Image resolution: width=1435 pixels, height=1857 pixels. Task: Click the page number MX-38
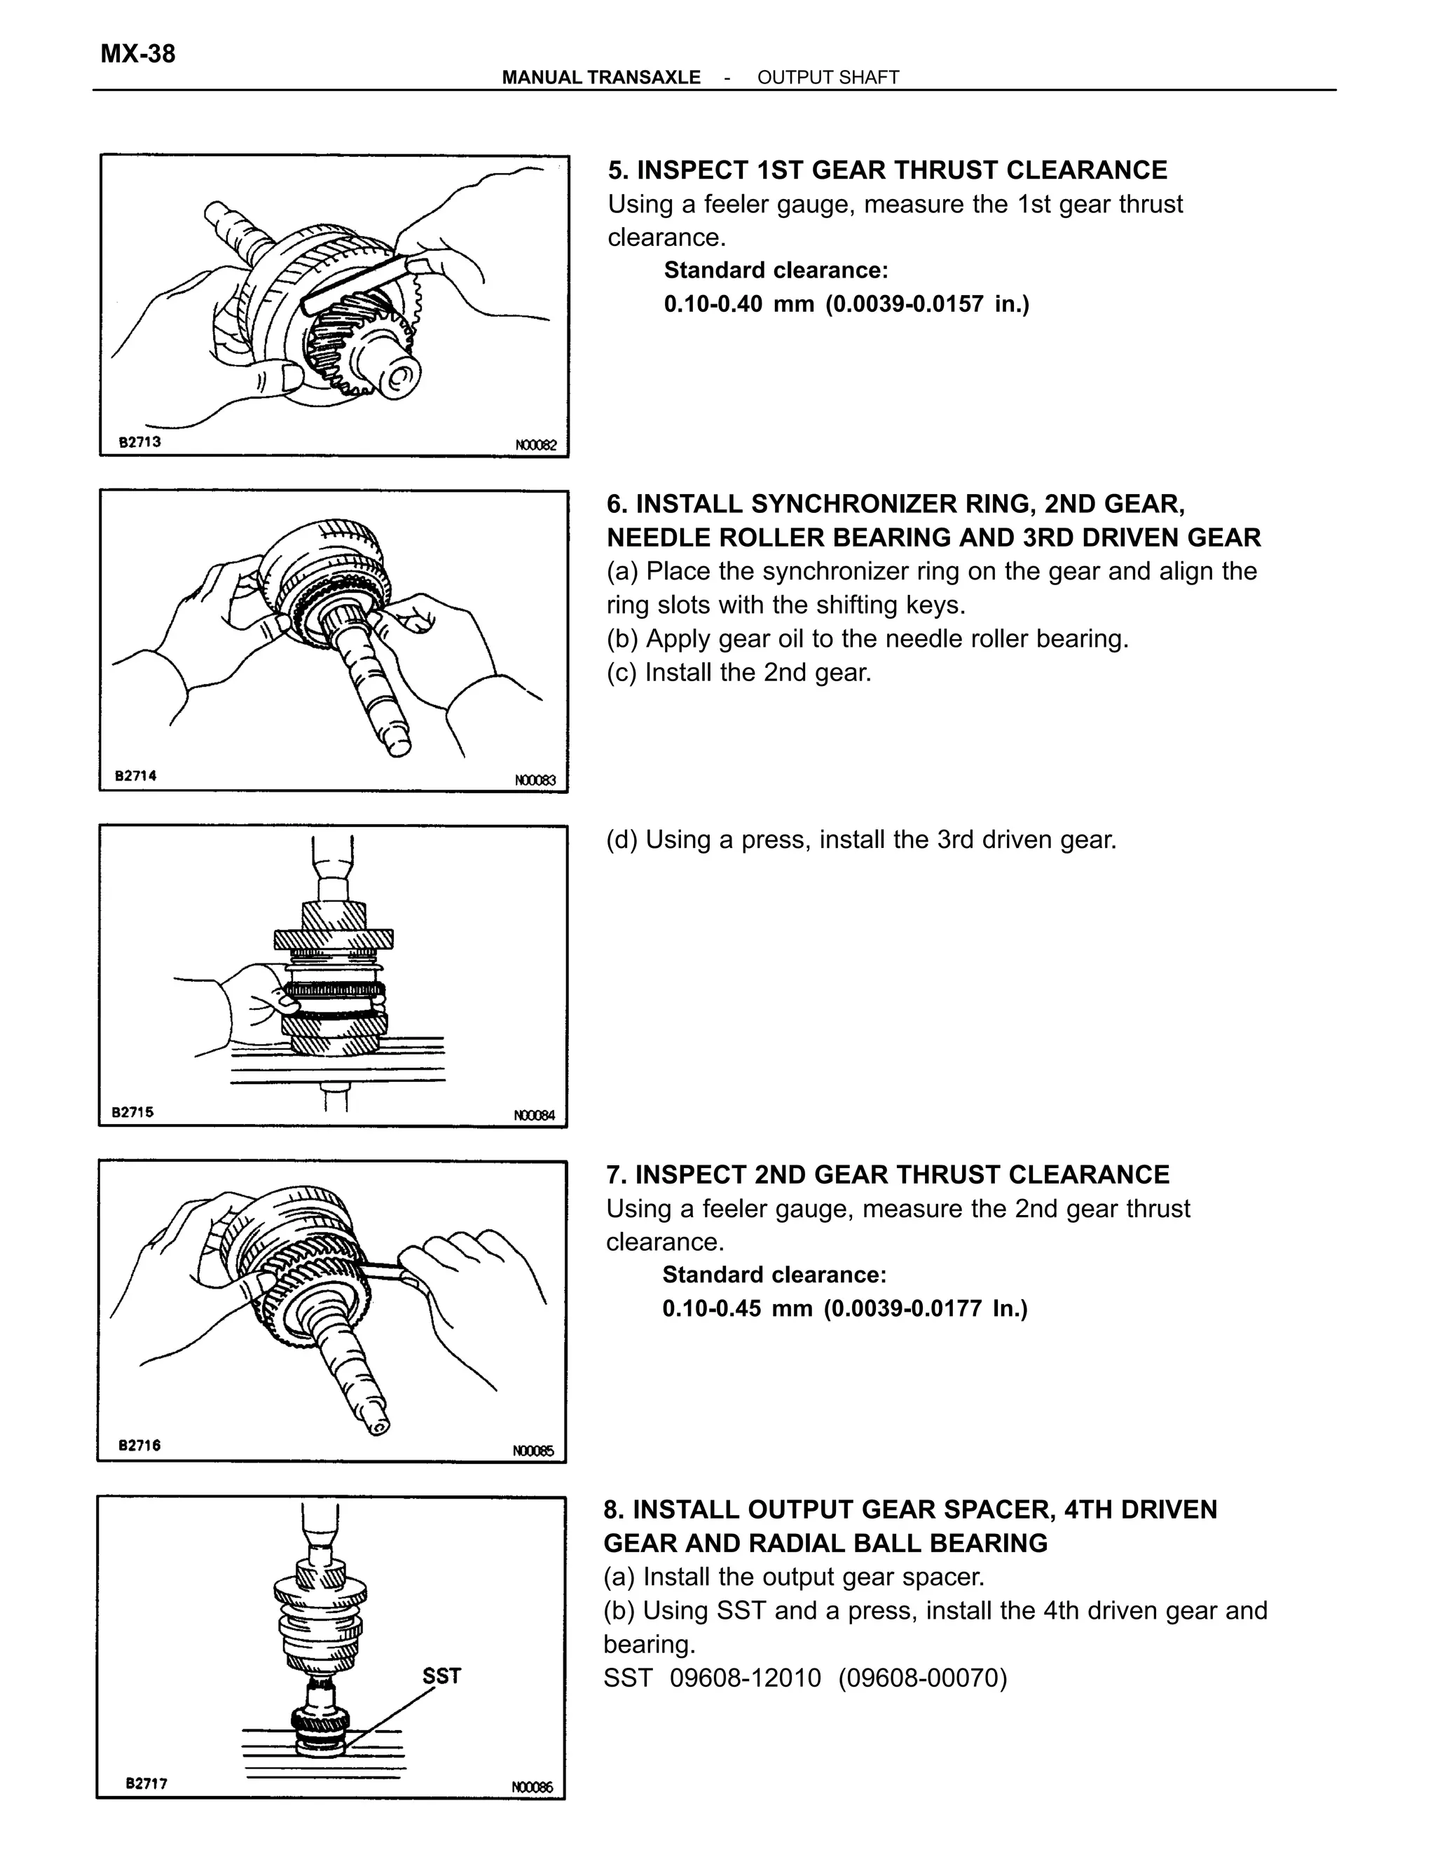pyautogui.click(x=138, y=53)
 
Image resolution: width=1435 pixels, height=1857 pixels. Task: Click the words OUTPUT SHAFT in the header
pyautogui.click(x=828, y=77)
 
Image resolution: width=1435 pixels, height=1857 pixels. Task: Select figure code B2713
pyautogui.click(x=139, y=442)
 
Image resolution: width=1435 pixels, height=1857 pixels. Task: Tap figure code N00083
pyautogui.click(x=535, y=780)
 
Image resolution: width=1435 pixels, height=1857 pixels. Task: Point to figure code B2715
pyautogui.click(x=133, y=1111)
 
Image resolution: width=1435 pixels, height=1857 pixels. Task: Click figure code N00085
pyautogui.click(x=533, y=1451)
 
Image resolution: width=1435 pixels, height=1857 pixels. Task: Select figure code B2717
pyautogui.click(x=146, y=1783)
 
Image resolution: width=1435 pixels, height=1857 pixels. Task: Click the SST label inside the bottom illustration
pyautogui.click(x=441, y=1676)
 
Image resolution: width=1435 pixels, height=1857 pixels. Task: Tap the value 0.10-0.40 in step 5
pyautogui.click(x=713, y=303)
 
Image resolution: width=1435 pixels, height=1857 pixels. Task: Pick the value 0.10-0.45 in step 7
pyautogui.click(x=712, y=1308)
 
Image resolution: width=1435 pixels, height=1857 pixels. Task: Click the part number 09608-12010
pyautogui.click(x=746, y=1678)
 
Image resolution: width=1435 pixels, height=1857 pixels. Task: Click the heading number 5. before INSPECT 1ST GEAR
pyautogui.click(x=617, y=170)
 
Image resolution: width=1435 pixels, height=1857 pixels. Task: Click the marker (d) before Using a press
pyautogui.click(x=622, y=840)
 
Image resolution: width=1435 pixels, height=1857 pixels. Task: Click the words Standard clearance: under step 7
pyautogui.click(x=774, y=1275)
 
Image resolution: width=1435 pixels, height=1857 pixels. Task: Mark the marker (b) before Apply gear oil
pyautogui.click(x=622, y=638)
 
